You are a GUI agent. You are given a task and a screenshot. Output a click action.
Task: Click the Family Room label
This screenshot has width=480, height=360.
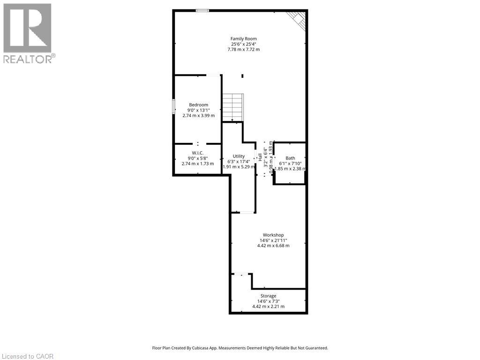(243, 38)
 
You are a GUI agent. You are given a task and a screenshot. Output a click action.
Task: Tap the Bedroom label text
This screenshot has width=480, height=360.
(198, 105)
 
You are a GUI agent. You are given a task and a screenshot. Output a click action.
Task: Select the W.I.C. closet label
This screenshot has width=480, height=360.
(197, 153)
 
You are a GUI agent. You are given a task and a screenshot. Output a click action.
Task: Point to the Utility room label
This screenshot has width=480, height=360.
(239, 156)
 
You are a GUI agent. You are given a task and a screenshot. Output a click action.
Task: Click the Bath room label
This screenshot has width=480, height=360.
(290, 158)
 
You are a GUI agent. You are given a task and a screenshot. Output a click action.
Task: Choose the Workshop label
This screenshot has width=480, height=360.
(273, 235)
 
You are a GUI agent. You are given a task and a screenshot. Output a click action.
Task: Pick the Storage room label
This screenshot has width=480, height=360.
(268, 296)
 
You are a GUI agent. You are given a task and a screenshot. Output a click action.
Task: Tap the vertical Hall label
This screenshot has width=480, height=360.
(260, 157)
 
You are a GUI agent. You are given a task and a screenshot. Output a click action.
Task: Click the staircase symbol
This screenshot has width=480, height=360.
(233, 107)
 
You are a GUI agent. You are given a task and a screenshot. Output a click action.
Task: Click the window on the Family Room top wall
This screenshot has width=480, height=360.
(202, 10)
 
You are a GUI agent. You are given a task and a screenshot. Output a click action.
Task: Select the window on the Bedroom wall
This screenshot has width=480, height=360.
(173, 107)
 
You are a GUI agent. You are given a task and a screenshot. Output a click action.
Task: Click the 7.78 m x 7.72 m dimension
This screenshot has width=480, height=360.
(243, 49)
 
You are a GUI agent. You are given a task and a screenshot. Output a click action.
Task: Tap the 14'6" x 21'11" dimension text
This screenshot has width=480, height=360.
(273, 240)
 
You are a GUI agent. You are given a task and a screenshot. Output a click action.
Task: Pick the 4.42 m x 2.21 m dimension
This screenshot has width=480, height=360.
(268, 307)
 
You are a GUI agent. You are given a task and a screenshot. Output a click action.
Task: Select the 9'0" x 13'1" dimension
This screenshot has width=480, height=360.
(199, 110)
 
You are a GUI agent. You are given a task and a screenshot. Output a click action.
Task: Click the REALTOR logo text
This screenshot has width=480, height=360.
(30, 59)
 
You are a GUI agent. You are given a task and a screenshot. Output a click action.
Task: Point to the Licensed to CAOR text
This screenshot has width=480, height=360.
(27, 356)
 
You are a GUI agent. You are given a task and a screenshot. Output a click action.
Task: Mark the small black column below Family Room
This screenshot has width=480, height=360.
(242, 76)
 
